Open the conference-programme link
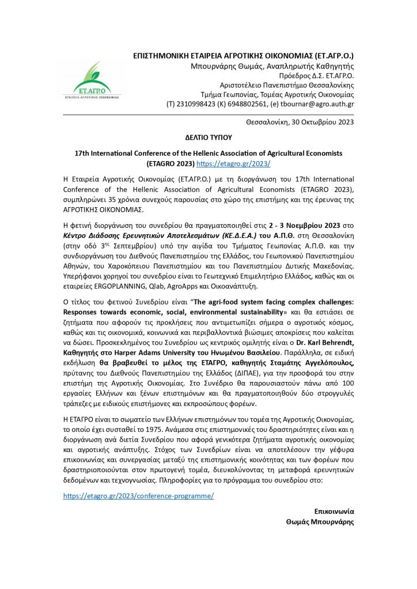[x=138, y=495]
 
